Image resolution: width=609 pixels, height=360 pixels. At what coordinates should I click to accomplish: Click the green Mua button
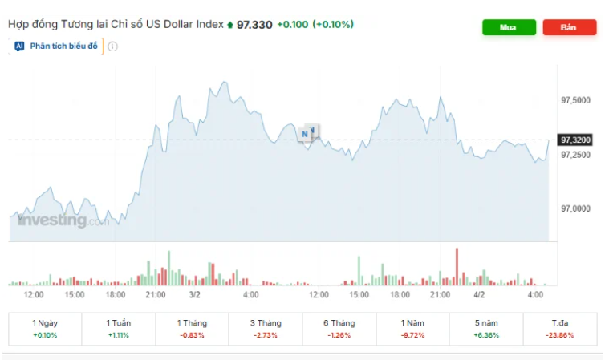[x=508, y=27]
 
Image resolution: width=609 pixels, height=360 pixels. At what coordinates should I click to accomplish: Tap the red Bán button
[x=569, y=27]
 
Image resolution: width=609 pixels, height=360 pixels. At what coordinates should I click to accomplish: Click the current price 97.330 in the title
[x=254, y=25]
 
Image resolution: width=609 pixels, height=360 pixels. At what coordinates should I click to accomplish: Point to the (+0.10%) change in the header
[x=333, y=25]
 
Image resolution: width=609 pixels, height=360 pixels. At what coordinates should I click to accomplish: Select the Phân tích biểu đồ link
[x=63, y=47]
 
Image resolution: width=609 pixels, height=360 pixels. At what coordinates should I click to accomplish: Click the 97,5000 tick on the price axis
[x=575, y=100]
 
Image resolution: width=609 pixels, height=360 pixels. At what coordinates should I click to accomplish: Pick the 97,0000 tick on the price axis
[x=575, y=208]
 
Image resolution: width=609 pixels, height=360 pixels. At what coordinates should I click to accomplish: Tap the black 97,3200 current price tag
[x=575, y=140]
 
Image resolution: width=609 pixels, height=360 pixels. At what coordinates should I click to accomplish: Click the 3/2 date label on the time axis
[x=194, y=294]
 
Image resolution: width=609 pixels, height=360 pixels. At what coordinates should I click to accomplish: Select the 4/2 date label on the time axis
[x=479, y=294]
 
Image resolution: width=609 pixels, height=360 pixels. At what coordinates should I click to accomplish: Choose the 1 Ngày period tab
[x=45, y=328]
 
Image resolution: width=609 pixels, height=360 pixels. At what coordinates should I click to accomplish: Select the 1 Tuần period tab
[x=119, y=328]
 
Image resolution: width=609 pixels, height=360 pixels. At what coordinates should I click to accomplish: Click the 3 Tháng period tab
[x=265, y=328]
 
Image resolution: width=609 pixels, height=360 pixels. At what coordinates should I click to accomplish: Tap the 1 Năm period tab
[x=412, y=328]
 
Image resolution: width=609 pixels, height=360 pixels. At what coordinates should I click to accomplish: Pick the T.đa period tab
[x=560, y=328]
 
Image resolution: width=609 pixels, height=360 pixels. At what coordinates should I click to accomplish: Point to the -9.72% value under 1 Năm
[x=412, y=335]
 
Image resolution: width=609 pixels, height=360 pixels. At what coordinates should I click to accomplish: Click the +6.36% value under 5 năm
[x=486, y=335]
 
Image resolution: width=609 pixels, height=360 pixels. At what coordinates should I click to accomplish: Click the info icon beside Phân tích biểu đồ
[x=112, y=47]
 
